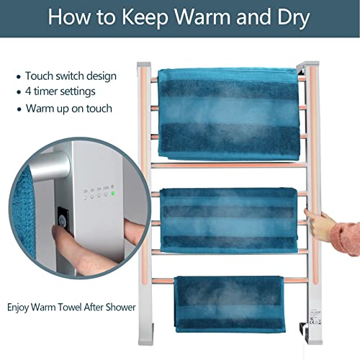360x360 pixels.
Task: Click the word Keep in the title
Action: click(x=150, y=17)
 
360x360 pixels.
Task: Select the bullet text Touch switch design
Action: click(x=71, y=76)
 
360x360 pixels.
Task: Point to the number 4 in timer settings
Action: click(x=29, y=92)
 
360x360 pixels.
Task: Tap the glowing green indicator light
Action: click(x=113, y=193)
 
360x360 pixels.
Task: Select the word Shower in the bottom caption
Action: click(x=117, y=307)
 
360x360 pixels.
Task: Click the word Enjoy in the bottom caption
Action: click(x=19, y=307)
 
